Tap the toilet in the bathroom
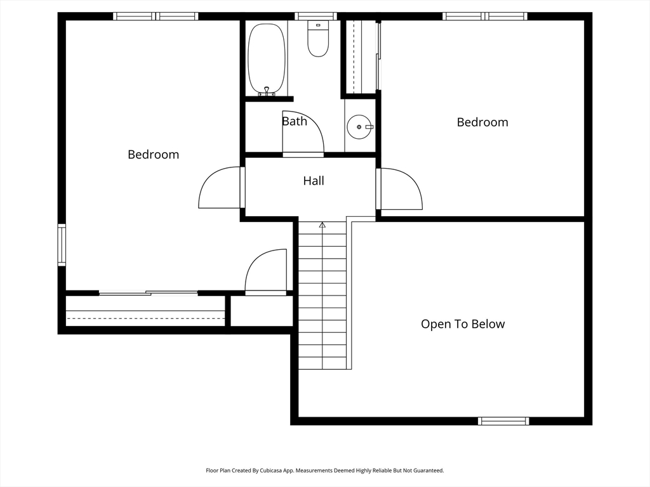tap(318, 39)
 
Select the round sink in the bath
tap(359, 127)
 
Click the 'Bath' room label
tap(295, 121)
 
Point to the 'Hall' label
tap(314, 181)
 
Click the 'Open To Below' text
tap(463, 324)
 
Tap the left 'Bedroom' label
tap(154, 155)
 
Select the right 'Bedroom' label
tap(482, 122)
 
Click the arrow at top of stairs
tap(322, 225)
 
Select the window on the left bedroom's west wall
tap(62, 245)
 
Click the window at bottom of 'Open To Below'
tap(503, 421)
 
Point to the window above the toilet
tap(315, 16)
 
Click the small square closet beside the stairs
tap(261, 311)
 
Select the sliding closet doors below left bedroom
tap(149, 293)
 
